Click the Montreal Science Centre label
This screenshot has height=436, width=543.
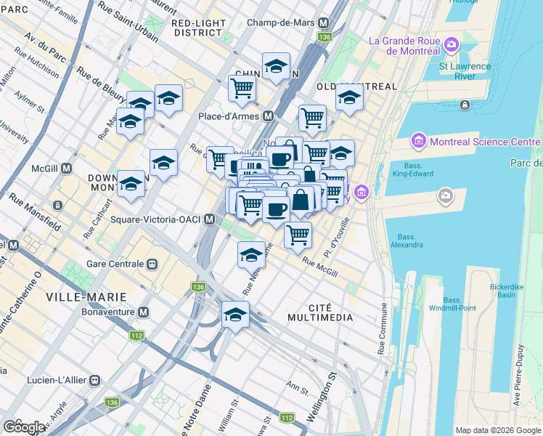click(x=484, y=140)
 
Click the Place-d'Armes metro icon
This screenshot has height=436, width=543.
click(x=269, y=116)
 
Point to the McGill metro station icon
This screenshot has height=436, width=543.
click(x=66, y=169)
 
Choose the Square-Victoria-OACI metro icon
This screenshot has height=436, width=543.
click(x=210, y=219)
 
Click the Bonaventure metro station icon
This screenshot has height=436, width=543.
click(x=143, y=312)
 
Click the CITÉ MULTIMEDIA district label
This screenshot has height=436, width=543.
click(x=320, y=312)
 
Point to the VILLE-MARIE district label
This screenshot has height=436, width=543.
click(x=86, y=297)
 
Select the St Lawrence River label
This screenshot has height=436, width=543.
click(x=465, y=71)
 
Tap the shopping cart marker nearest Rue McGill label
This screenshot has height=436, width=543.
click(x=298, y=235)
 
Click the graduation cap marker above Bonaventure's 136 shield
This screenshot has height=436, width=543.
click(x=235, y=315)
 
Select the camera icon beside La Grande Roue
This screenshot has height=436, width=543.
click(x=452, y=46)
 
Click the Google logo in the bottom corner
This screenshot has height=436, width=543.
click(x=24, y=427)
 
